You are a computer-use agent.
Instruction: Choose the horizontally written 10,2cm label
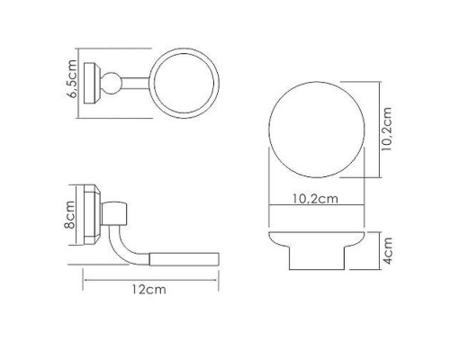click(316, 200)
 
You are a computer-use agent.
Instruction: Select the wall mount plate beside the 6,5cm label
click(92, 83)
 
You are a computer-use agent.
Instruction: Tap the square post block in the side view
click(117, 213)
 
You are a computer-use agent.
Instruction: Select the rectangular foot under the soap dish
click(315, 262)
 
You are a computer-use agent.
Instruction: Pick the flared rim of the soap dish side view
click(315, 240)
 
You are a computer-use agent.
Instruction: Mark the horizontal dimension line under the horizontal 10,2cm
click(316, 210)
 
